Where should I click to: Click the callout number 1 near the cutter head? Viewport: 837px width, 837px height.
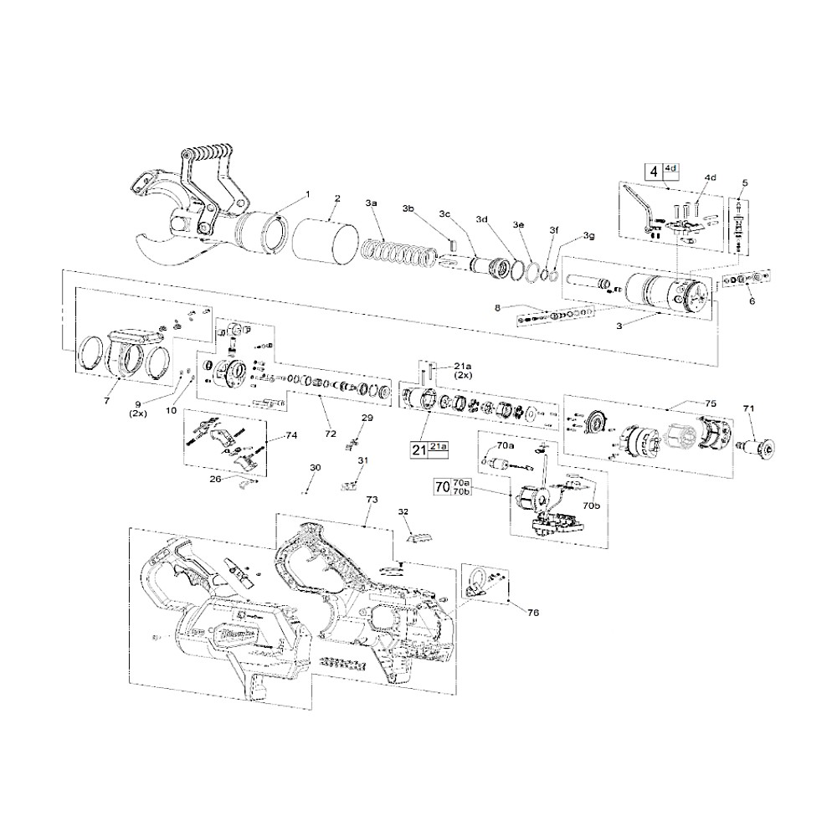[x=306, y=194]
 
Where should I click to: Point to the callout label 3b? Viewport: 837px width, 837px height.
[x=408, y=208]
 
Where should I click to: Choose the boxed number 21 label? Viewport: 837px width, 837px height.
[x=419, y=449]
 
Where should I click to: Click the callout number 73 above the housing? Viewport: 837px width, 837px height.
[x=372, y=499]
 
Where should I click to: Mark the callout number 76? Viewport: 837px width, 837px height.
[x=533, y=613]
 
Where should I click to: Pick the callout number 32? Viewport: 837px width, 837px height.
[x=403, y=511]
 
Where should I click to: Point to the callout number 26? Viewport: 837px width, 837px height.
[x=215, y=480]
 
